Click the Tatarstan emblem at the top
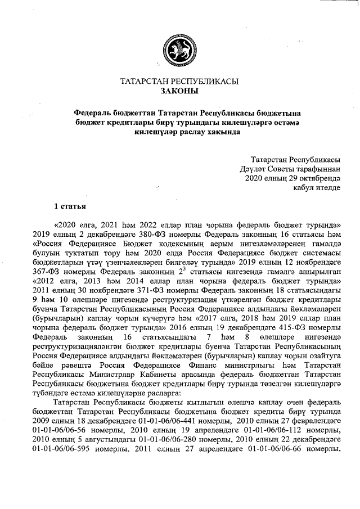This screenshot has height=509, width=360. pos(179,47)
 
